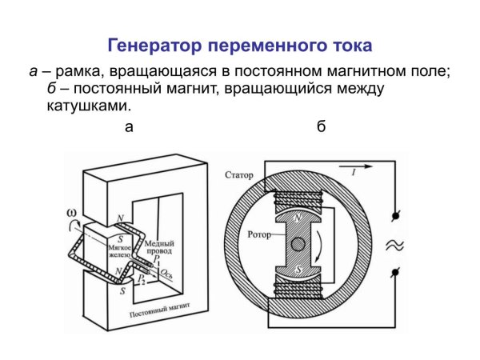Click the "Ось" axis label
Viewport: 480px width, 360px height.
click(x=168, y=275)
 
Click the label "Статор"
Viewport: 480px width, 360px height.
click(x=240, y=174)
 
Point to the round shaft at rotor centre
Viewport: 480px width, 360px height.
click(x=298, y=244)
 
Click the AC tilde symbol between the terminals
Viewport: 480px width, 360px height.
click(x=394, y=246)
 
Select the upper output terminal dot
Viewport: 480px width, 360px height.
click(x=394, y=216)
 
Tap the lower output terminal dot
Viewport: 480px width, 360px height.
click(x=394, y=274)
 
